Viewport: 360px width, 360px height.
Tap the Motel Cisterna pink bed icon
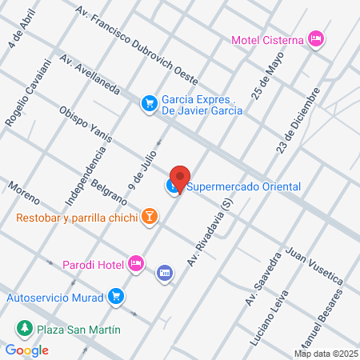pyautogui.click(x=317, y=38)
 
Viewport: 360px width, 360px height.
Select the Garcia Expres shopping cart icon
pyautogui.click(x=149, y=102)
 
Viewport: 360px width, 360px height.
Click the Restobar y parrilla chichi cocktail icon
pyautogui.click(x=149, y=216)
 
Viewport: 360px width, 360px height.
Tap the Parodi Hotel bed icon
pyautogui.click(x=137, y=262)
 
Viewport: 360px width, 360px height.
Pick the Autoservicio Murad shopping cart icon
pyautogui.click(x=117, y=296)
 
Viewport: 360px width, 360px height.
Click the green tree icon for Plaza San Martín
pyautogui.click(x=26, y=329)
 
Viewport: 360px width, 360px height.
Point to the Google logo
pyautogui.click(x=27, y=350)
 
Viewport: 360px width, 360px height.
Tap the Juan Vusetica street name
pyautogui.click(x=314, y=264)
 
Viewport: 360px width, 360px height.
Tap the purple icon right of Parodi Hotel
pyautogui.click(x=165, y=273)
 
